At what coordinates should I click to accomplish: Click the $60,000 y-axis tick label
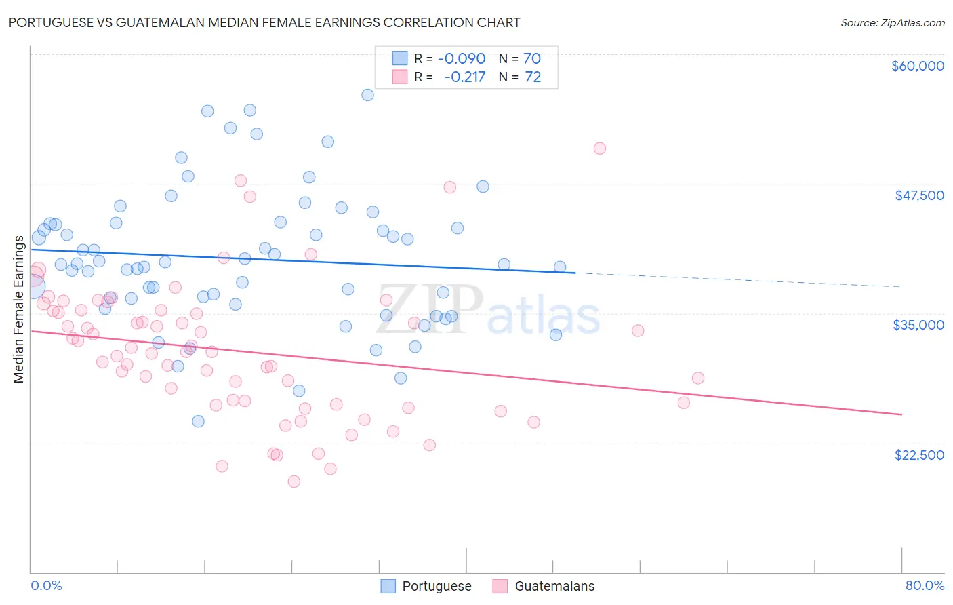(x=917, y=66)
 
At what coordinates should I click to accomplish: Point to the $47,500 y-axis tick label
(x=919, y=195)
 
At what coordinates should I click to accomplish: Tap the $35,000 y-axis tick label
(x=918, y=325)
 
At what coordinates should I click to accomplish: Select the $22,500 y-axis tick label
(x=919, y=455)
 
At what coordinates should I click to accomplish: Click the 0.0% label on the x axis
(x=46, y=585)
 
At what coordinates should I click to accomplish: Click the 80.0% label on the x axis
(x=925, y=585)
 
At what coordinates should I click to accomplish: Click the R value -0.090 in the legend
(x=462, y=58)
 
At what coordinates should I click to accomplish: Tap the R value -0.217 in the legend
(x=464, y=77)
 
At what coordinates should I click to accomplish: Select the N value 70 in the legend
(x=532, y=58)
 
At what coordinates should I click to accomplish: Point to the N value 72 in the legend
(x=533, y=77)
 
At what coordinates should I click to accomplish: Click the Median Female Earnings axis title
(x=19, y=309)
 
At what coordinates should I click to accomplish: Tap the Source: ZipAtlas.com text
(x=892, y=22)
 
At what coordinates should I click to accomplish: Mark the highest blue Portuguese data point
(x=367, y=95)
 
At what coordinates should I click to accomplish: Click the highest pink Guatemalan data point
(x=599, y=149)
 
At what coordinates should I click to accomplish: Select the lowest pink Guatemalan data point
(x=293, y=482)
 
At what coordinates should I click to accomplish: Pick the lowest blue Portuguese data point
(x=198, y=421)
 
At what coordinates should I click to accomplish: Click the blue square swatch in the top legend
(x=400, y=58)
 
